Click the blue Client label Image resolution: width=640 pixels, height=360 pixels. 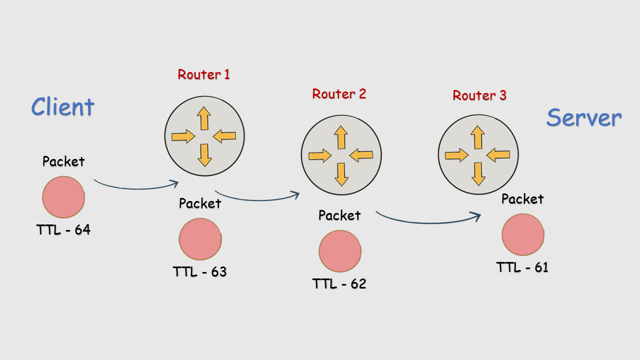62,106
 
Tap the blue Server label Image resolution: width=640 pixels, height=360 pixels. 583,118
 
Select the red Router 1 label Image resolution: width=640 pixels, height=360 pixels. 203,74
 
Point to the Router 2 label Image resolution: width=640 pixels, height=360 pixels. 339,93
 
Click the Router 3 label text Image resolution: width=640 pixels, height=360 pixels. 479,95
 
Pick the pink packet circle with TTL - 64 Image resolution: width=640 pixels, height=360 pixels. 63,197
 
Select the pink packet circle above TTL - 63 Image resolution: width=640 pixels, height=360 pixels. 200,239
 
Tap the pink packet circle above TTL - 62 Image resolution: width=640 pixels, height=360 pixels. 340,251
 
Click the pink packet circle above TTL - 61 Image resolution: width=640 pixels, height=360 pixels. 523,234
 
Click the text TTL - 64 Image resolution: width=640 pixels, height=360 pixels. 63,230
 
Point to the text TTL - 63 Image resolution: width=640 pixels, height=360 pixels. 199,272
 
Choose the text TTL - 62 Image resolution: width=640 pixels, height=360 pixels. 339,284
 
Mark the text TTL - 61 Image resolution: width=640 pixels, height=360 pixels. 522,267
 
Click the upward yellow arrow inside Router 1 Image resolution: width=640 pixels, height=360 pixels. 203,118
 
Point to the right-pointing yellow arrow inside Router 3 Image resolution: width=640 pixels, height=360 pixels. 456,155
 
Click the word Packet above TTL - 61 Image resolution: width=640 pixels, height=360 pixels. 522,199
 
